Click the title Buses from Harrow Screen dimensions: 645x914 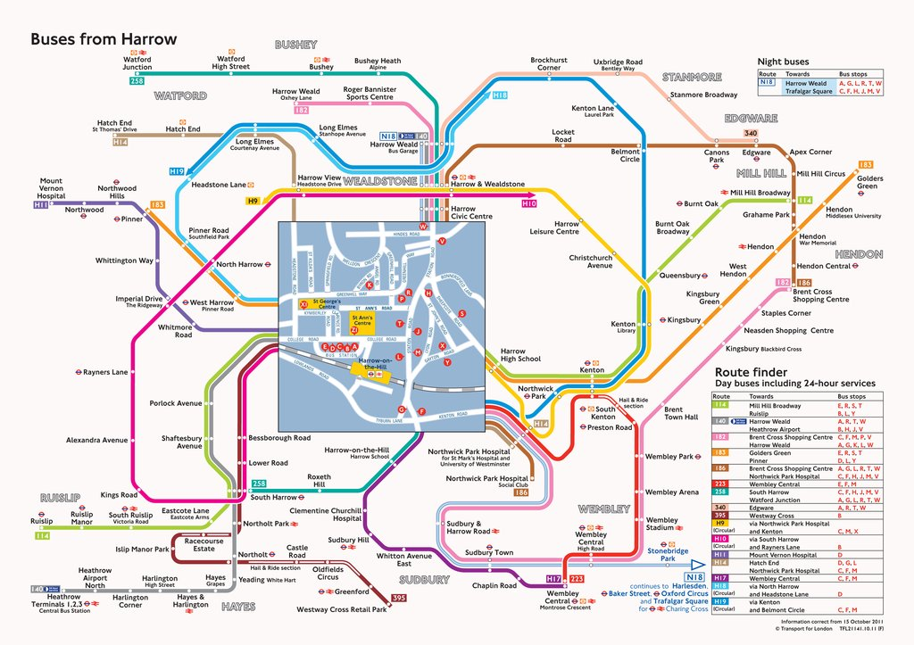coord(104,39)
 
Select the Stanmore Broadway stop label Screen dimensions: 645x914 coord(703,95)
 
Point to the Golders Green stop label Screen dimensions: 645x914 coord(870,182)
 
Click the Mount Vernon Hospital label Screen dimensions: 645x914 coord(51,188)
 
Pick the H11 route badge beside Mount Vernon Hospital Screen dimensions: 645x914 coord(40,205)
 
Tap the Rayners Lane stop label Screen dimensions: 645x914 coord(105,372)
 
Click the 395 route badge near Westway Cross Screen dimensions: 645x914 coord(399,598)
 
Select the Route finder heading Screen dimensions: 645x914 coord(750,371)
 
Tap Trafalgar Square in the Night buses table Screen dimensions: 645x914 coord(809,91)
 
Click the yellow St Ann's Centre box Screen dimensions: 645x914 coord(362,318)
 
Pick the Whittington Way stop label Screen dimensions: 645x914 coord(124,260)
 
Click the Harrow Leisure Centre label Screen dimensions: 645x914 coord(554,227)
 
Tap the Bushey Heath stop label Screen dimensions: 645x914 coord(378,62)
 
